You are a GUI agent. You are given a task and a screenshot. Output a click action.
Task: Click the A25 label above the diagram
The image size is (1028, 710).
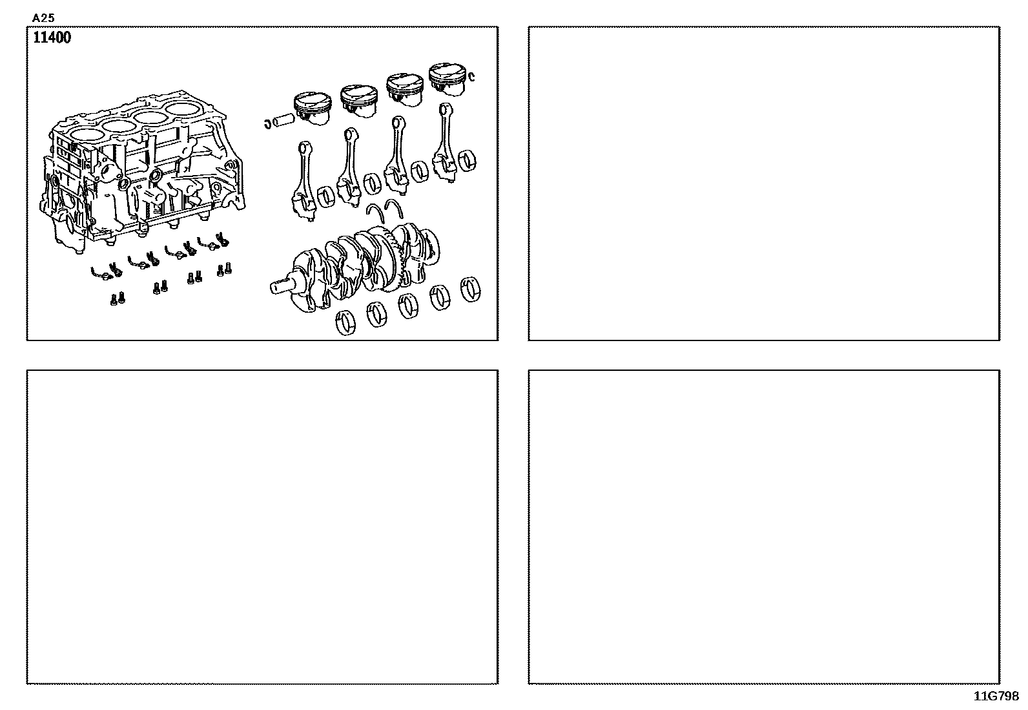43,18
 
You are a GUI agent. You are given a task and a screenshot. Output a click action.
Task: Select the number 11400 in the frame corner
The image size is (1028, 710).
52,37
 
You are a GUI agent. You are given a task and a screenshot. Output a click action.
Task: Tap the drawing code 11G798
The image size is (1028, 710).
996,696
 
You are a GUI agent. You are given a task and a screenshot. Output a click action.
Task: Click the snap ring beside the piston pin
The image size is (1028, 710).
267,123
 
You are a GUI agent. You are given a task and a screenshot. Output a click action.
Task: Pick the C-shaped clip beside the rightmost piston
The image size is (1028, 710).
472,77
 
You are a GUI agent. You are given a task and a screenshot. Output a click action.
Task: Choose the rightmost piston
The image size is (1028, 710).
447,79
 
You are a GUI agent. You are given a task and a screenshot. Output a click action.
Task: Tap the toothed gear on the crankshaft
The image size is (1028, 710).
396,260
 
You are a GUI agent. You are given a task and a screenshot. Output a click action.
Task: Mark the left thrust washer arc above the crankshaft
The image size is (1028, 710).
376,213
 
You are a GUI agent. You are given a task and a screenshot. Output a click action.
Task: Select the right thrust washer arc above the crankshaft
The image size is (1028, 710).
395,208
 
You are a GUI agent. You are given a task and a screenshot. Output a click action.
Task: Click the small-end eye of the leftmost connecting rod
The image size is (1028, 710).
305,149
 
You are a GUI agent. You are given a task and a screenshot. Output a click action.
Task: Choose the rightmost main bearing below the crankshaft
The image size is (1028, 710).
470,289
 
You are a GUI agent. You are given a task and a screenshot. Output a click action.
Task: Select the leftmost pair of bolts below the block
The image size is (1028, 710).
118,299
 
